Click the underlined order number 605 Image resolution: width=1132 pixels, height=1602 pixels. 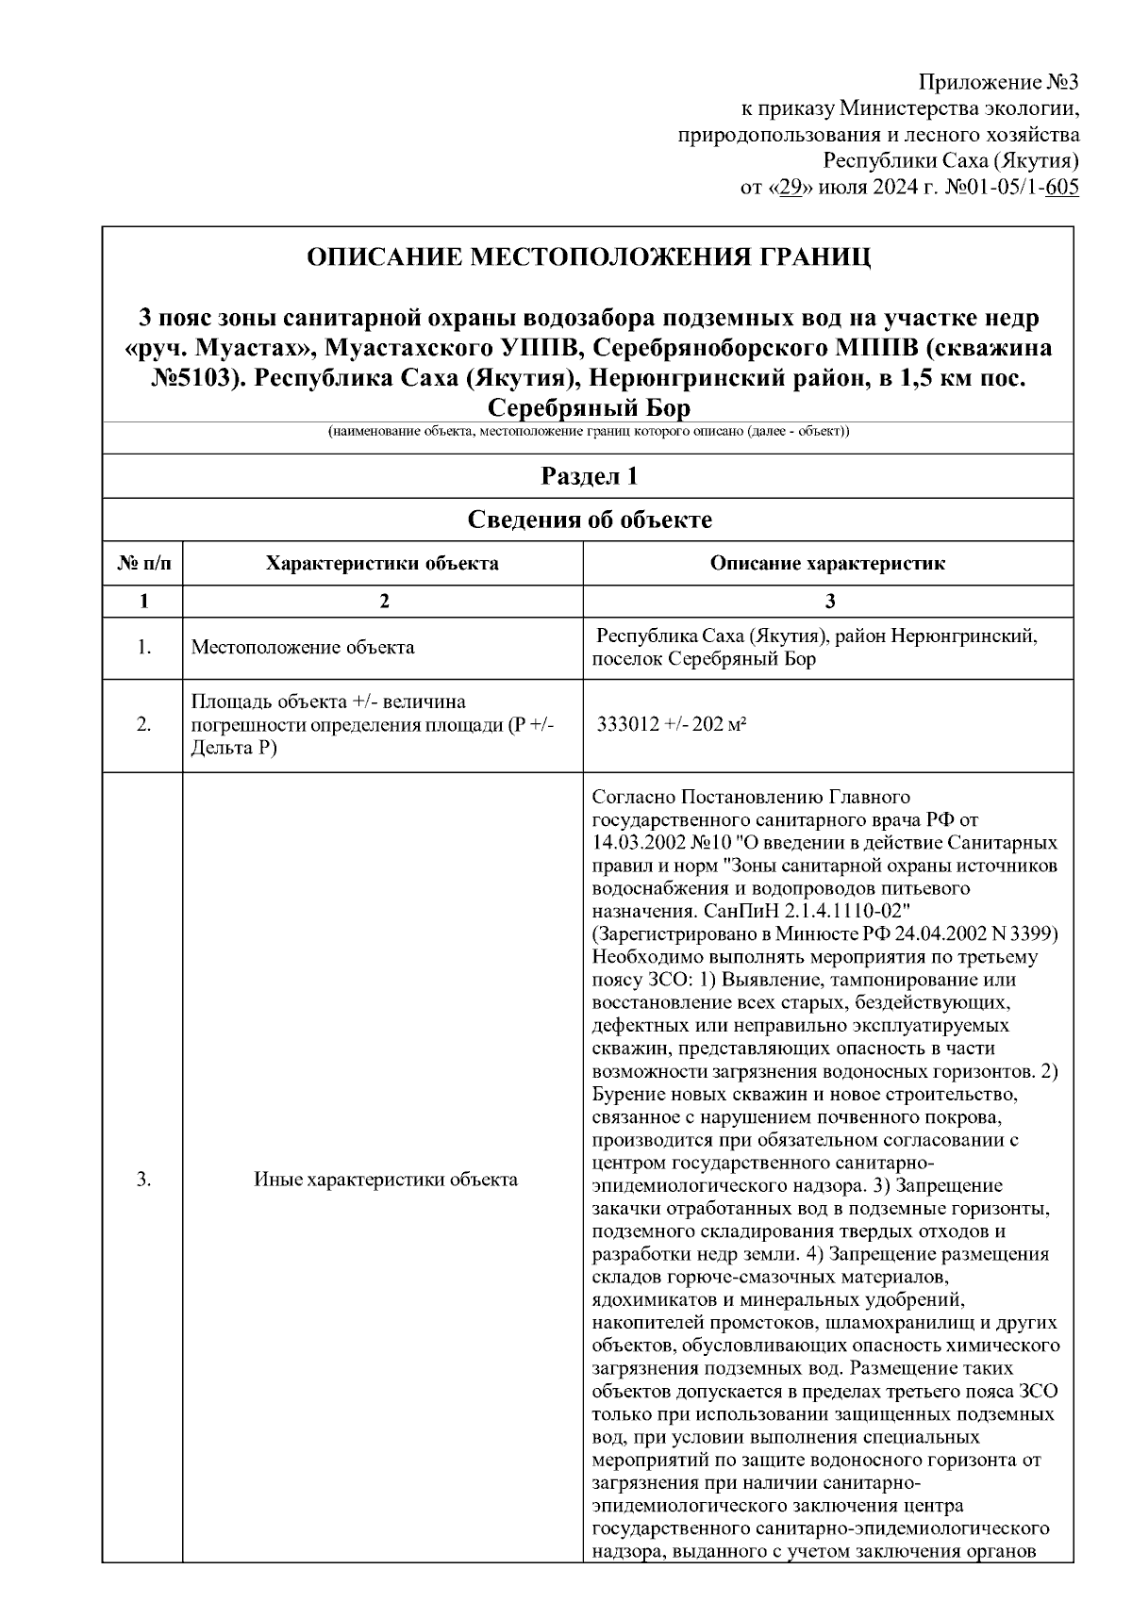(x=1062, y=188)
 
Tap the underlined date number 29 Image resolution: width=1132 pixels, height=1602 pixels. (x=790, y=188)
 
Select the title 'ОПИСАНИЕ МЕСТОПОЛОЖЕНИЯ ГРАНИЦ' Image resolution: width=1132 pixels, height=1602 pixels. (x=589, y=256)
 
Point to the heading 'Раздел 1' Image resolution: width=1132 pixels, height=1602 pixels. (x=589, y=476)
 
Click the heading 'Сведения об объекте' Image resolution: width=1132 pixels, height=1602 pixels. (x=589, y=520)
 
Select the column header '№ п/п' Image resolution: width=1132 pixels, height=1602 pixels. (x=143, y=564)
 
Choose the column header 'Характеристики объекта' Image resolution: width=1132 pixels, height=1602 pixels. (x=382, y=564)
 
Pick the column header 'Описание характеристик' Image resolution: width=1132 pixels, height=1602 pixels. (x=827, y=564)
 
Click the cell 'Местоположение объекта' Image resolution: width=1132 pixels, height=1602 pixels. (x=302, y=648)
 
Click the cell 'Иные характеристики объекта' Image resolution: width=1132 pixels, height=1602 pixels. (x=385, y=1180)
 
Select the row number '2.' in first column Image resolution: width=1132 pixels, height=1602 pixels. (x=143, y=725)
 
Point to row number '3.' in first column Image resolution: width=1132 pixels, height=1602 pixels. (x=143, y=1180)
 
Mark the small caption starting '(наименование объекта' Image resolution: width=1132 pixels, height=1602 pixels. (x=589, y=432)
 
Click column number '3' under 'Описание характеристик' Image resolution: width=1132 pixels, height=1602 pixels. (x=829, y=602)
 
